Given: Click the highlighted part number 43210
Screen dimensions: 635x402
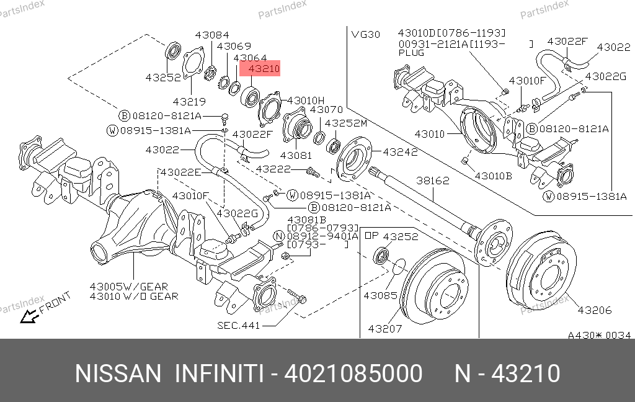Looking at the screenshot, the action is (x=264, y=69).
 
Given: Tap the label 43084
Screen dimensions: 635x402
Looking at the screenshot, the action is (x=212, y=35).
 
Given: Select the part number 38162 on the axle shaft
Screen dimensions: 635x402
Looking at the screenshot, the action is (x=432, y=181).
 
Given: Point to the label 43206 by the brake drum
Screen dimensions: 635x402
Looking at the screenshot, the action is (x=595, y=310).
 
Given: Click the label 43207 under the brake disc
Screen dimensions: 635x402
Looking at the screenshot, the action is (x=385, y=329).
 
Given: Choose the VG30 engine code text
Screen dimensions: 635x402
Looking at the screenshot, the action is (x=366, y=35).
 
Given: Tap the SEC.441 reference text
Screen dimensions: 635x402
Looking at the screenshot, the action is (x=239, y=326).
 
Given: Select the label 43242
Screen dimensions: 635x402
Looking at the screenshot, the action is (x=400, y=152).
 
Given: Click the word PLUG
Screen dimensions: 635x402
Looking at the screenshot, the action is (x=411, y=53).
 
